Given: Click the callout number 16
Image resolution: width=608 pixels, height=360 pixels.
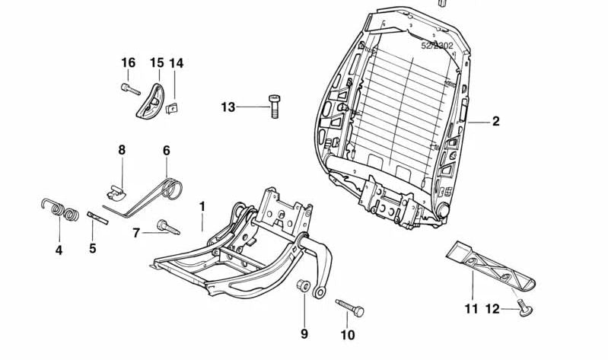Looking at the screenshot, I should (x=128, y=62).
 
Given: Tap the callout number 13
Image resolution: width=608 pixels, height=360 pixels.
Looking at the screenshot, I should (x=228, y=107).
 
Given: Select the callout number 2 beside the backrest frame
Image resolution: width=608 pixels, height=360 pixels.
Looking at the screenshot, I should (x=495, y=121).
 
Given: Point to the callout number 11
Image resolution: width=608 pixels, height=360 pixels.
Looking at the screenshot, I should (x=471, y=309).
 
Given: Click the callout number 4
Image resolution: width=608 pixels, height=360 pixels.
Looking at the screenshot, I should (x=59, y=250).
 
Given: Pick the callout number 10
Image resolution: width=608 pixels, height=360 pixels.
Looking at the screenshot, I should (x=348, y=334).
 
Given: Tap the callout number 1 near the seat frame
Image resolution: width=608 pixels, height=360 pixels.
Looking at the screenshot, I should (x=202, y=206).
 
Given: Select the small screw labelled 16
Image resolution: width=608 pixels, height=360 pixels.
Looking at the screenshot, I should (x=131, y=90).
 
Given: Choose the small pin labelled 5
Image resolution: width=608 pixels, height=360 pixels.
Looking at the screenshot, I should (x=98, y=218).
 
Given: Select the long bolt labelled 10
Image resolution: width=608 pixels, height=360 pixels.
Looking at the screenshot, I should (x=349, y=307).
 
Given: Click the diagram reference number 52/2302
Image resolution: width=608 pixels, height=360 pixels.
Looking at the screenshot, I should (x=437, y=46).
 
